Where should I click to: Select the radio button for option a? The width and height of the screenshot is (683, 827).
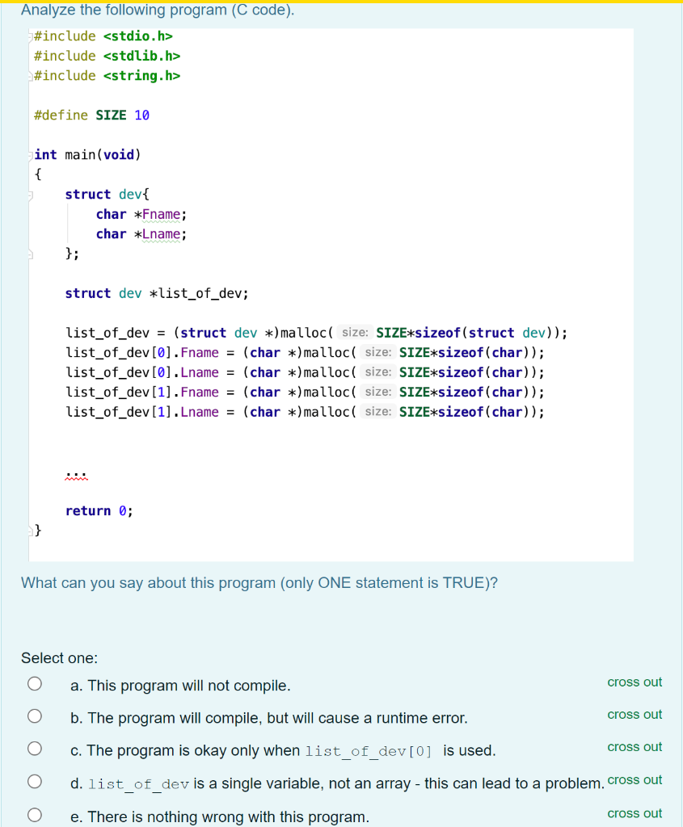pos(34,685)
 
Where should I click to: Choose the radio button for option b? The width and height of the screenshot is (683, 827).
pos(34,717)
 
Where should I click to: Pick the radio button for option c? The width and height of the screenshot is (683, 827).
pos(34,749)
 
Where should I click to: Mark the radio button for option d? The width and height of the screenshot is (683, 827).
pos(34,783)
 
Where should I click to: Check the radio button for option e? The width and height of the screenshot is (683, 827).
pos(34,816)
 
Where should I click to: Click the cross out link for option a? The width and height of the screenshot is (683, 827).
pos(635,682)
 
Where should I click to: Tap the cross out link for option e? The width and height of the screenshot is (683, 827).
pos(635,813)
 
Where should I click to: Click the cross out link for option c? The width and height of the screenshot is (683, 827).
pos(635,747)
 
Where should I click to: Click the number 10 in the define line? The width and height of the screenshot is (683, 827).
pos(141,115)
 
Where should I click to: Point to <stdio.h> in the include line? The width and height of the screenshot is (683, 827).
pos(137,36)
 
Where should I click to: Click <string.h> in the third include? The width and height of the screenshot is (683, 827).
pos(141,76)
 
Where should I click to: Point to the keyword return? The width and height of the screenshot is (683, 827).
pos(87,511)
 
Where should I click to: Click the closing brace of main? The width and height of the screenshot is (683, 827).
pos(37,531)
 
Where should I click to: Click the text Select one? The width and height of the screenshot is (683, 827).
pos(59,658)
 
